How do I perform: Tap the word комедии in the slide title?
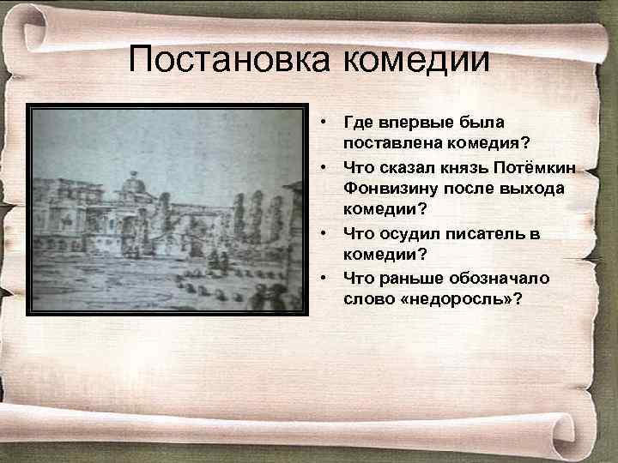[416, 60]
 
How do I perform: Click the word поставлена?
[385, 141]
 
